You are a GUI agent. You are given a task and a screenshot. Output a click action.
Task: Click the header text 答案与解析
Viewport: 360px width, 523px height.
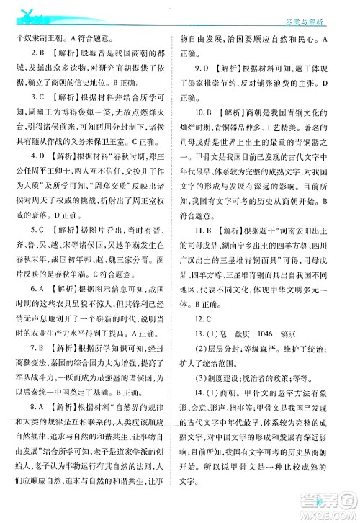328,12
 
